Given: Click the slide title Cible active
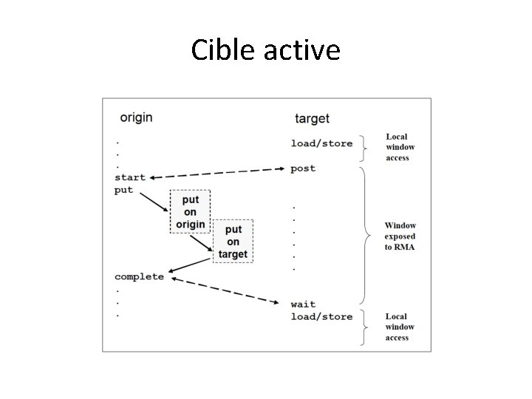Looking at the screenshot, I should click(x=265, y=50).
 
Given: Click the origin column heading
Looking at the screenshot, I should click(x=136, y=117).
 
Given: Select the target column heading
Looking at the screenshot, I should click(x=312, y=118).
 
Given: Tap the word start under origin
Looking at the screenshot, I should click(x=130, y=177).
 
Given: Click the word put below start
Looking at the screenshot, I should click(x=124, y=190).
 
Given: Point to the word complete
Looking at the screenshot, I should click(x=139, y=276).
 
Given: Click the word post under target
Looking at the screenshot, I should click(x=303, y=168).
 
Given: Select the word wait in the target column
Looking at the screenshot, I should click(x=303, y=304).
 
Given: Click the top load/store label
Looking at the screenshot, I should click(x=321, y=143).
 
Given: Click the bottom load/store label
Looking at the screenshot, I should click(x=321, y=316).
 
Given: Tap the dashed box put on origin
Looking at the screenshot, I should click(x=190, y=212).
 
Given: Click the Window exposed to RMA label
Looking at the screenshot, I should click(x=400, y=236).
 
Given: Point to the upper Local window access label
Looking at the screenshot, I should click(x=398, y=147).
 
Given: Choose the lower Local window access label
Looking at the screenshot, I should click(x=400, y=327).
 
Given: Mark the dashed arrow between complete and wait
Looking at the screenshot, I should click(x=225, y=290).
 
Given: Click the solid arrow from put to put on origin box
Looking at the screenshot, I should click(x=153, y=201).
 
